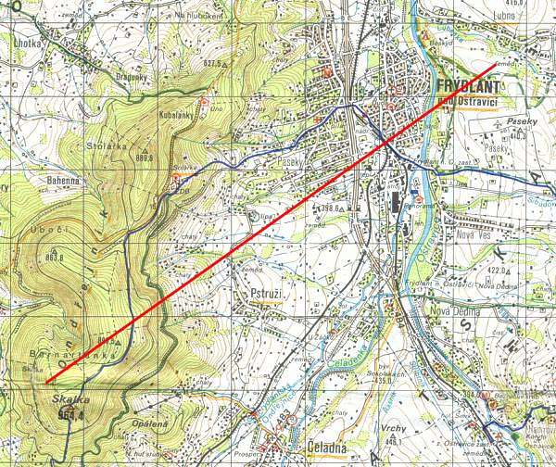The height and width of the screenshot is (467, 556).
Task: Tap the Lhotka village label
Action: tap(29, 44)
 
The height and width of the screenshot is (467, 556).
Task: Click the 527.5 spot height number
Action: tap(215, 63)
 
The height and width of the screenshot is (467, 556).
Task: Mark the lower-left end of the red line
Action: tap(46, 382)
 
